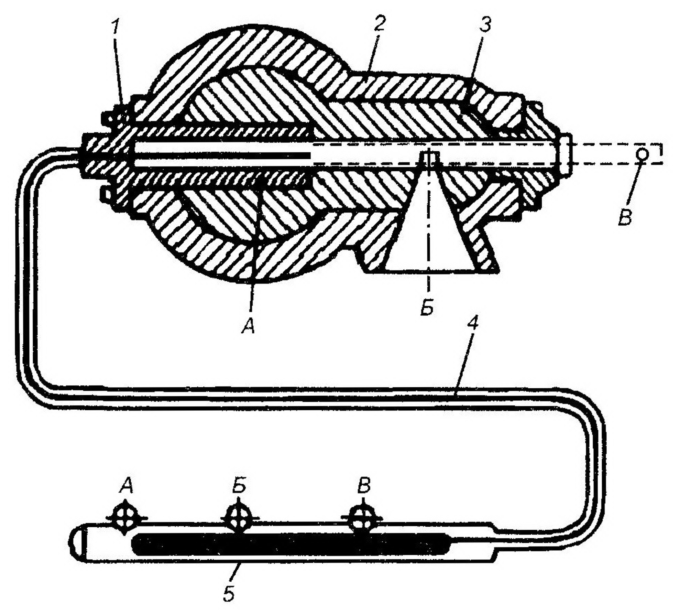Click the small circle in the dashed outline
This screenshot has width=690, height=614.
pos(642,154)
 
